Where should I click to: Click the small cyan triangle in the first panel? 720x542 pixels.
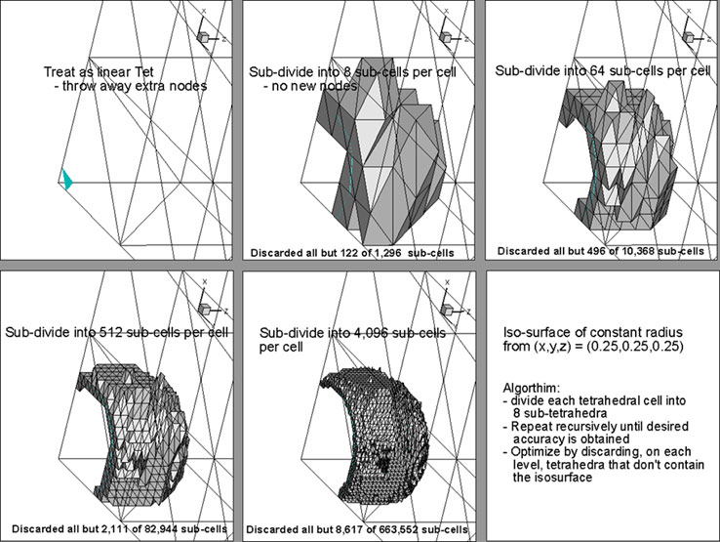(x=66, y=180)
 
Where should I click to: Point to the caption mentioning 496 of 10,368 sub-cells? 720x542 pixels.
(x=600, y=251)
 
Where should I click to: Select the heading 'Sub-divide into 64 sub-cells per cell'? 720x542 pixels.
(x=602, y=71)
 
